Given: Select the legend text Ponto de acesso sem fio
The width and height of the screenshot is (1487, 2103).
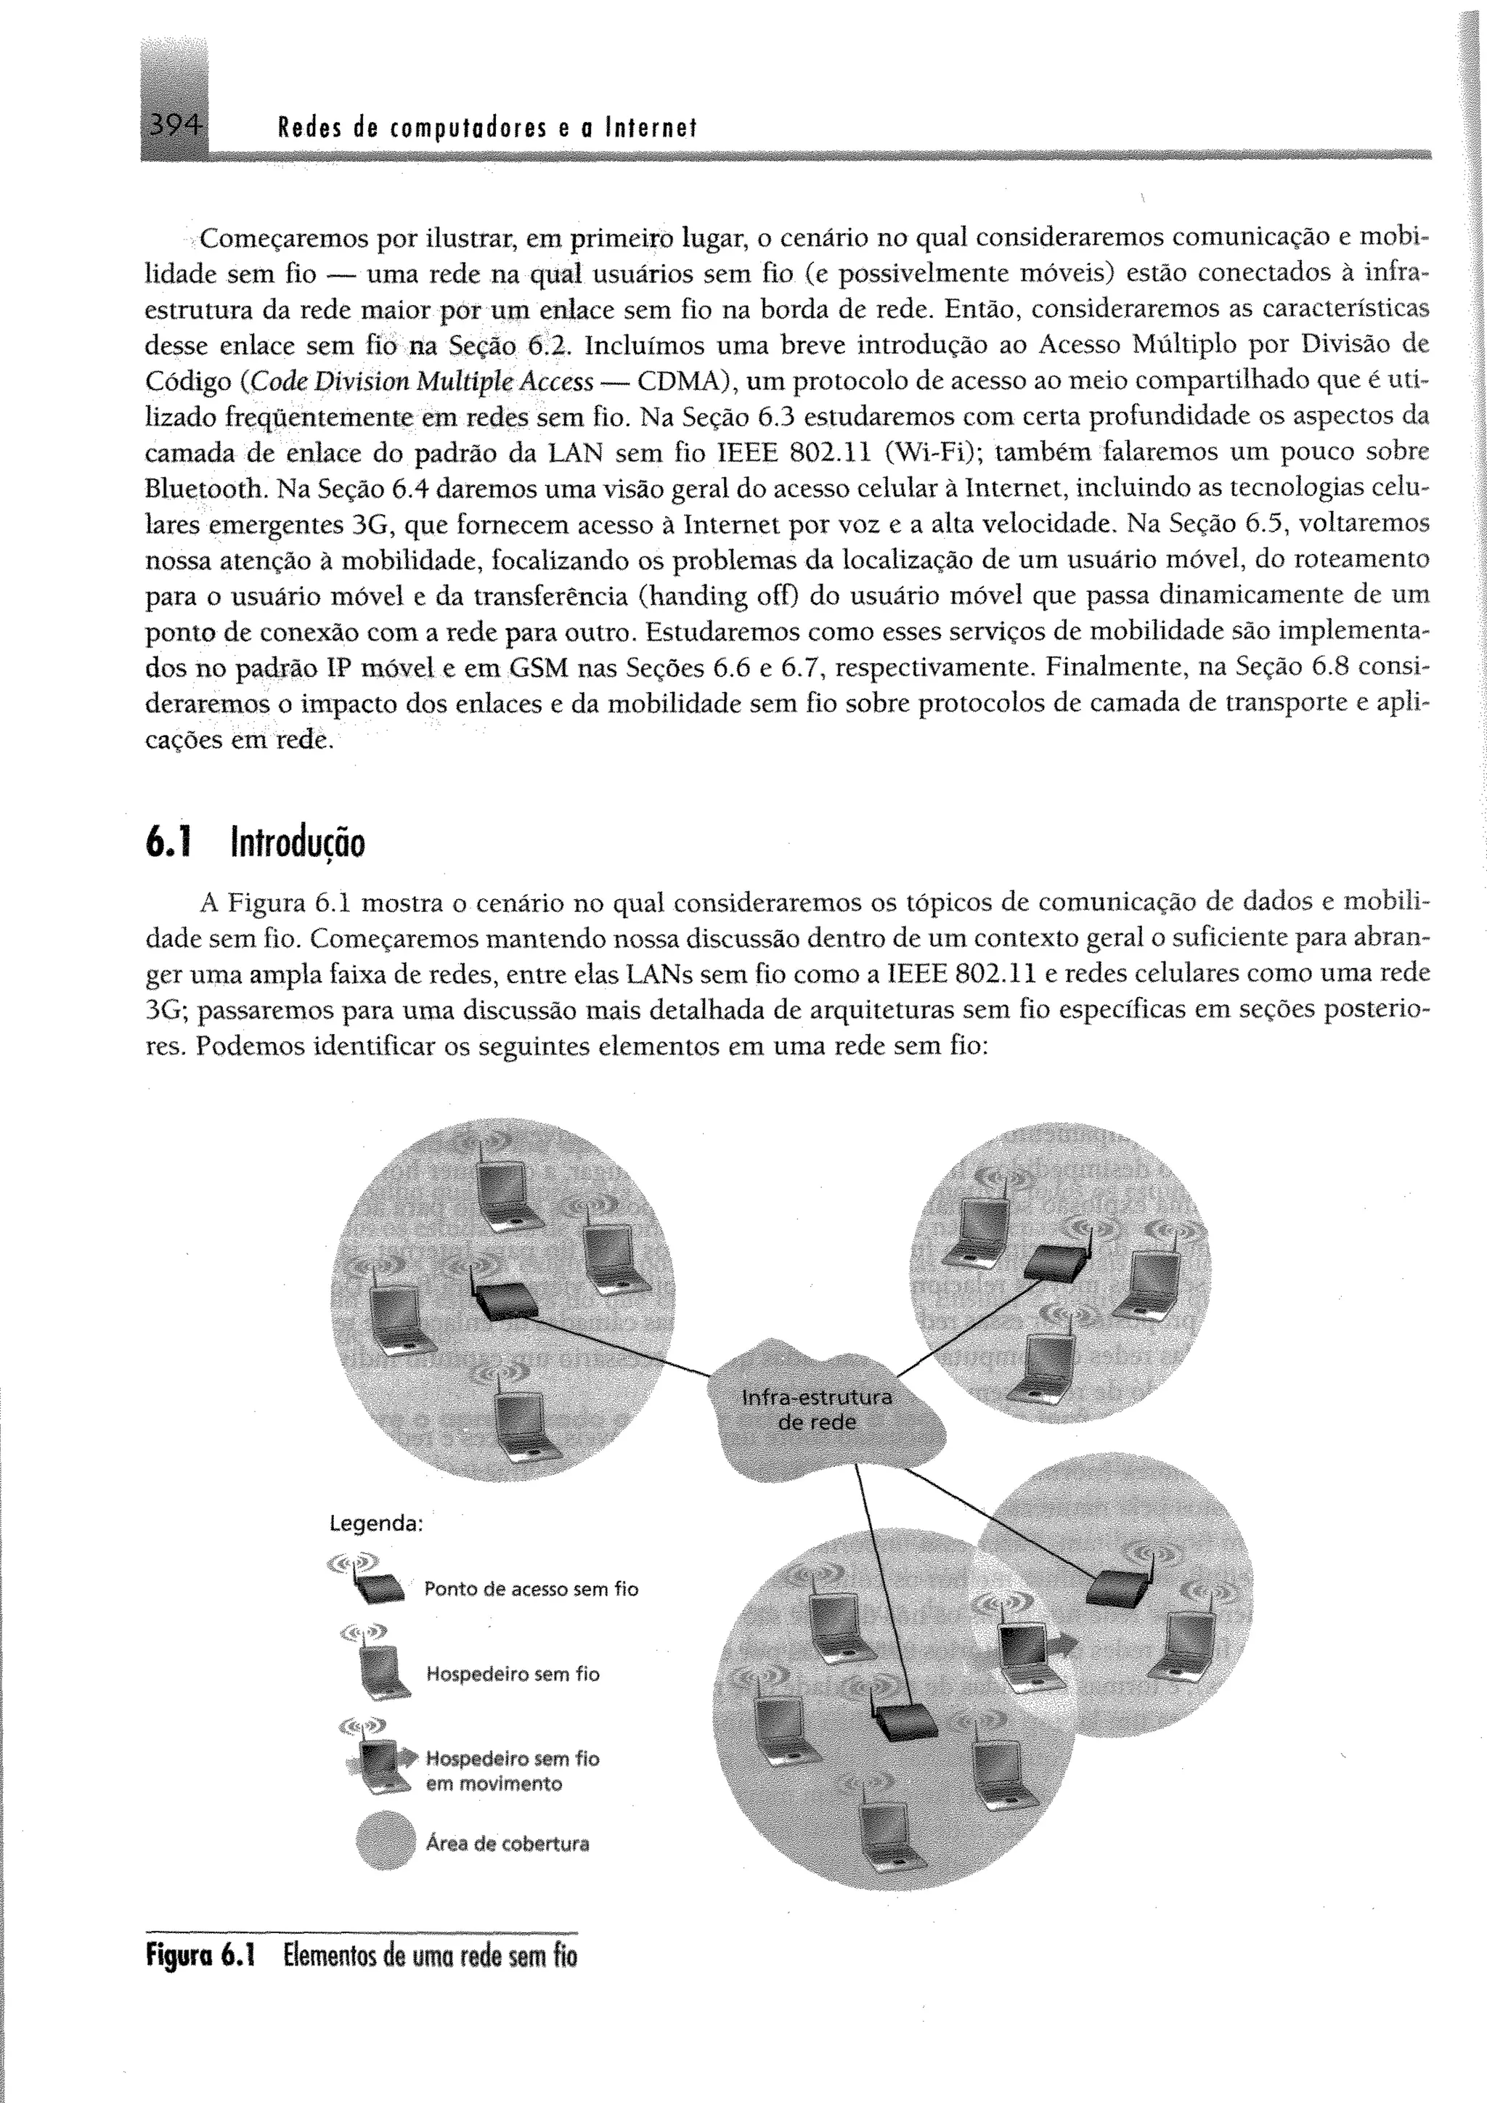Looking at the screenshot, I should (530, 1589).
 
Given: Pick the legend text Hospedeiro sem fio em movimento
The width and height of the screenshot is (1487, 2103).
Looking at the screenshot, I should (512, 1770).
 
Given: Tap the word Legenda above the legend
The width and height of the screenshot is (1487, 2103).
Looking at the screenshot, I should (375, 1524).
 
